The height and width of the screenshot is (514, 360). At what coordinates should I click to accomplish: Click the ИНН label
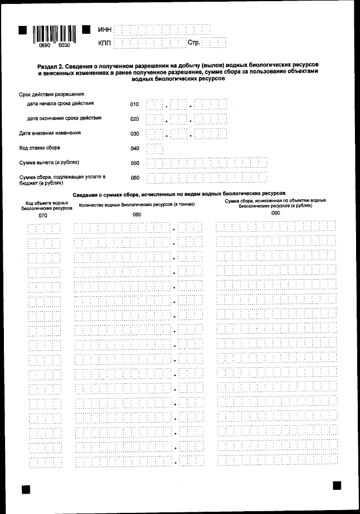pos(105,29)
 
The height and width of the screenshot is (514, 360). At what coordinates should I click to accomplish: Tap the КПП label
pos(105,43)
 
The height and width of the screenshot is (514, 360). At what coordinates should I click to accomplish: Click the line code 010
pos(134,104)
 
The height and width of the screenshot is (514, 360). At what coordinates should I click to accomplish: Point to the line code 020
pos(134,119)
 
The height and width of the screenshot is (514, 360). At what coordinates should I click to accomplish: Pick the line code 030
pos(134,134)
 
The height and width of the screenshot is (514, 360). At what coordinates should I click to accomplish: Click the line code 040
pos(134,149)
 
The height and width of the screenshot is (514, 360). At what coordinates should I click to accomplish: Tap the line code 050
pos(134,163)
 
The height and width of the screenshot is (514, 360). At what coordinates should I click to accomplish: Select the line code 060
pos(134,178)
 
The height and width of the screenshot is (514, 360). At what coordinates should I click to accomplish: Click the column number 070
pos(43,215)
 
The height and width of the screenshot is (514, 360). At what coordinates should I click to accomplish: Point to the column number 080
pos(137,214)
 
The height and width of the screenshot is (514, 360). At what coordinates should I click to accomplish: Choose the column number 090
pos(275,214)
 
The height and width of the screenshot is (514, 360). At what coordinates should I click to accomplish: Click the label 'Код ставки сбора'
pos(40,148)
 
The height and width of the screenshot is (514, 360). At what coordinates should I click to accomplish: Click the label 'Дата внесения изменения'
pos(49,133)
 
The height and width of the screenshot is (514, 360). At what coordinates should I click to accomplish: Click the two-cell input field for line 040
pos(155,149)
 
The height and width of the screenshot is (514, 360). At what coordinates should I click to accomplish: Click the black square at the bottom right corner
pos(336,485)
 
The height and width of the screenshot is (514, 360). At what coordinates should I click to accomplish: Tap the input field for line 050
pos(206,163)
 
